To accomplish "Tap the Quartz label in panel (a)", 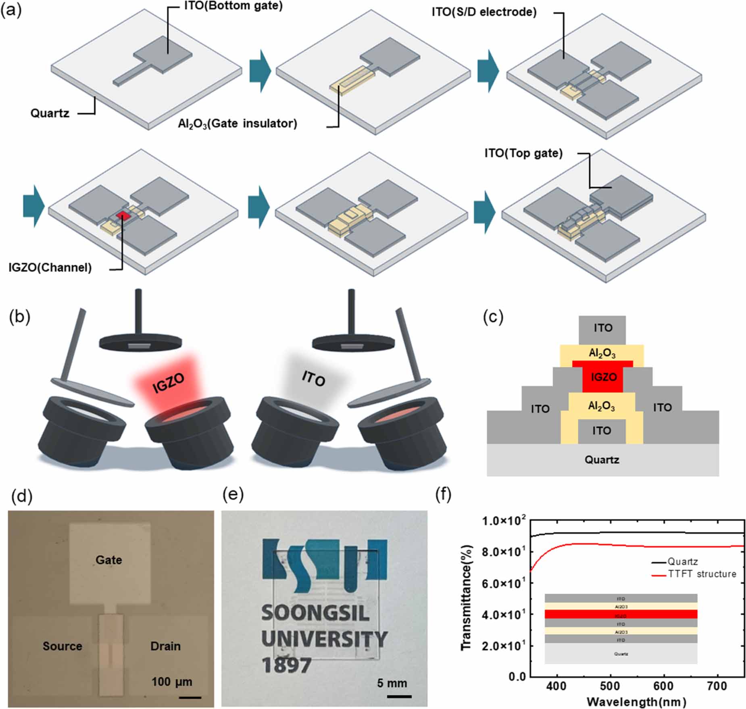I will (x=50, y=113).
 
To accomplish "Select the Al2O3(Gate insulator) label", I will (x=238, y=123).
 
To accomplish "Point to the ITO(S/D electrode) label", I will (x=484, y=12).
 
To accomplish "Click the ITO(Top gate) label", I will (x=523, y=153).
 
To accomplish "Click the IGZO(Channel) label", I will (x=50, y=267).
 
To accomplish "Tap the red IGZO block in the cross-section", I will (x=603, y=377).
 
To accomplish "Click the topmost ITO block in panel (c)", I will (x=602, y=328).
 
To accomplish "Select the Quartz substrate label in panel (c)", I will (x=602, y=459).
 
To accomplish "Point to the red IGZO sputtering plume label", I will (x=169, y=383).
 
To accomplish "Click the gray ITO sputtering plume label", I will (x=313, y=379).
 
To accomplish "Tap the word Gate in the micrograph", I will (x=108, y=560).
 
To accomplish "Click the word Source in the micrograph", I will (x=62, y=646).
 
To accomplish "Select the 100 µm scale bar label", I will (x=172, y=682).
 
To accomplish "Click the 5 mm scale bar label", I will (x=392, y=683).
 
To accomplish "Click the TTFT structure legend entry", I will (x=701, y=573).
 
